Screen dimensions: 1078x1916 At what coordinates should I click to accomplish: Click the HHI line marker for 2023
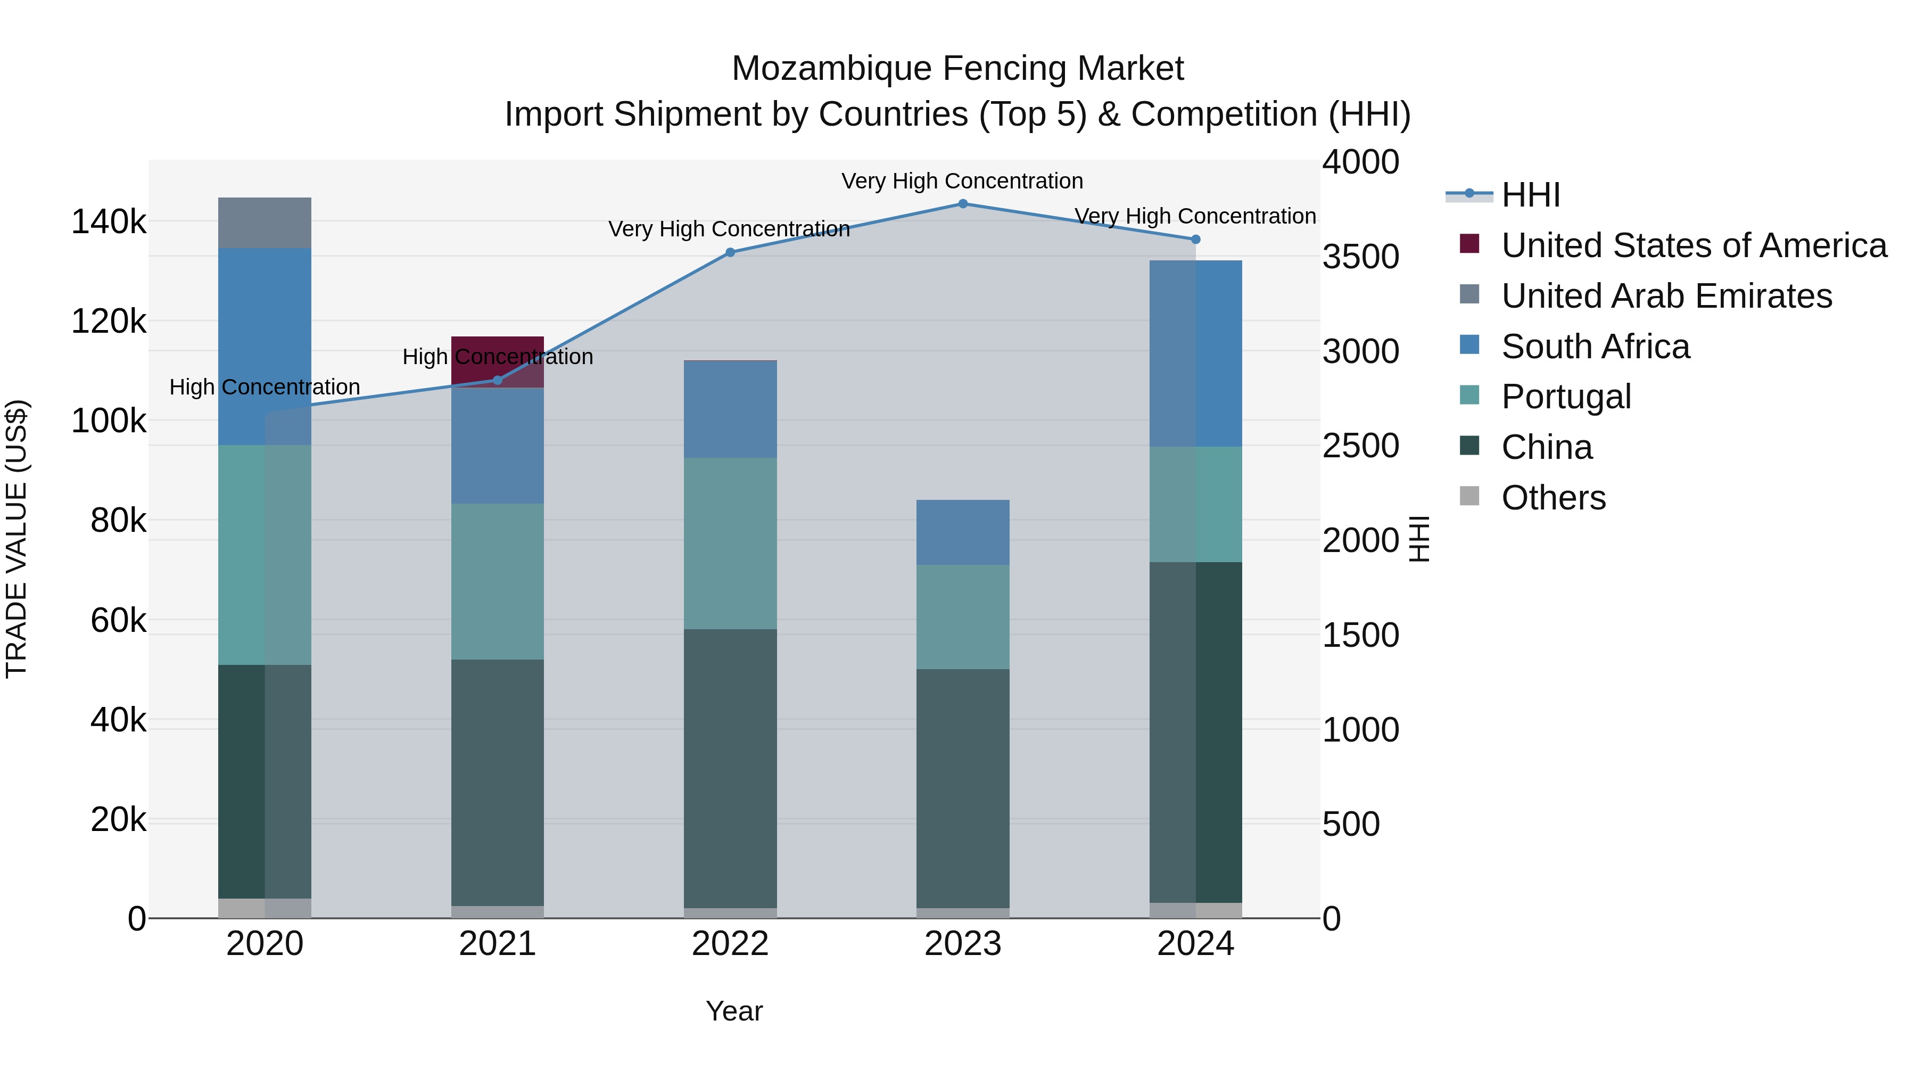(962, 204)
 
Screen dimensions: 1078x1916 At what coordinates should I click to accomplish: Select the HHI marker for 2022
(730, 252)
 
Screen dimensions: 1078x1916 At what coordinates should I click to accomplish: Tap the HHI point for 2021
(498, 380)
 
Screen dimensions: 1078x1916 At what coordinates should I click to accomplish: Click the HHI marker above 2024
(1195, 240)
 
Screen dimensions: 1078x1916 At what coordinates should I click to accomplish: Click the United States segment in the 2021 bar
(498, 350)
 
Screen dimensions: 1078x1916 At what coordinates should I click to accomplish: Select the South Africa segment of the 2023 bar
(962, 532)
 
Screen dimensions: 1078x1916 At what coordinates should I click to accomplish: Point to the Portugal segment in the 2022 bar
(730, 543)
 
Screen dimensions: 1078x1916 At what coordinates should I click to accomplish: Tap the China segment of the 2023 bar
(962, 788)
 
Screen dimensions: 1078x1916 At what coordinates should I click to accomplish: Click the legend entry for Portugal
(1566, 397)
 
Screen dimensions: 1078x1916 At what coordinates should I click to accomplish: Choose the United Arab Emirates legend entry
(1666, 296)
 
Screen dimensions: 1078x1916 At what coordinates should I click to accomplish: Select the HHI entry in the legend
(1530, 195)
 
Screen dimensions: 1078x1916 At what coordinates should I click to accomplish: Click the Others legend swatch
(1469, 496)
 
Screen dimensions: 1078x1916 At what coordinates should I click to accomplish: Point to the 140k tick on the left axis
(109, 221)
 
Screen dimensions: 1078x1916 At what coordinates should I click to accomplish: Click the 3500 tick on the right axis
(1360, 257)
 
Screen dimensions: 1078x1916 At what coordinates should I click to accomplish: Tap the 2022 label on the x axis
(730, 944)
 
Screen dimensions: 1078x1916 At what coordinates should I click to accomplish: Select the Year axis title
(734, 1011)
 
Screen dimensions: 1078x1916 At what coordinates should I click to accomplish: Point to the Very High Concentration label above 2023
(962, 181)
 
